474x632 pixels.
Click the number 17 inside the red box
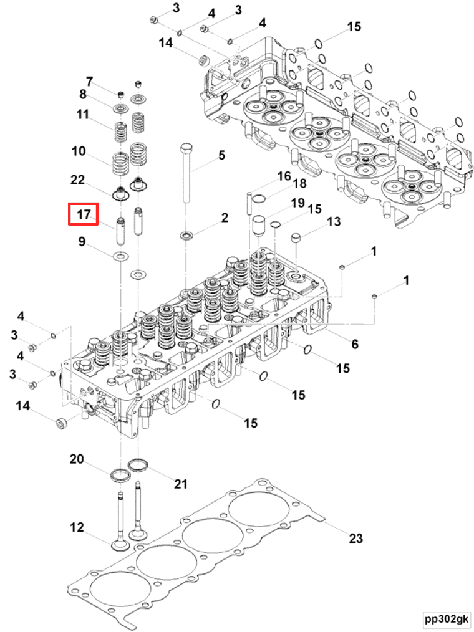(x=84, y=214)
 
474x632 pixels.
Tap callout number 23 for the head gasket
(x=355, y=538)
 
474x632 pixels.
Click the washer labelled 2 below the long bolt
(x=186, y=236)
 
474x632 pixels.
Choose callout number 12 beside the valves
(x=76, y=528)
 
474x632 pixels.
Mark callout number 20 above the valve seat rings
(x=76, y=459)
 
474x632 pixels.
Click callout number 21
(x=180, y=483)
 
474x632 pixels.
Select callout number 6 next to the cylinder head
(x=355, y=344)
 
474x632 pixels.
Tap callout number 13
(x=334, y=222)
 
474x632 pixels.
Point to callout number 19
(x=296, y=203)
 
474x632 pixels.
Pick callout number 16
(x=284, y=176)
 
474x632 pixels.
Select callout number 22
(x=77, y=180)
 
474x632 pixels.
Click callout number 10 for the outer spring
(x=78, y=151)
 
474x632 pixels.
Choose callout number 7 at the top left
(x=89, y=82)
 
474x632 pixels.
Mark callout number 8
(x=82, y=95)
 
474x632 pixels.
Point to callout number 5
(x=221, y=155)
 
